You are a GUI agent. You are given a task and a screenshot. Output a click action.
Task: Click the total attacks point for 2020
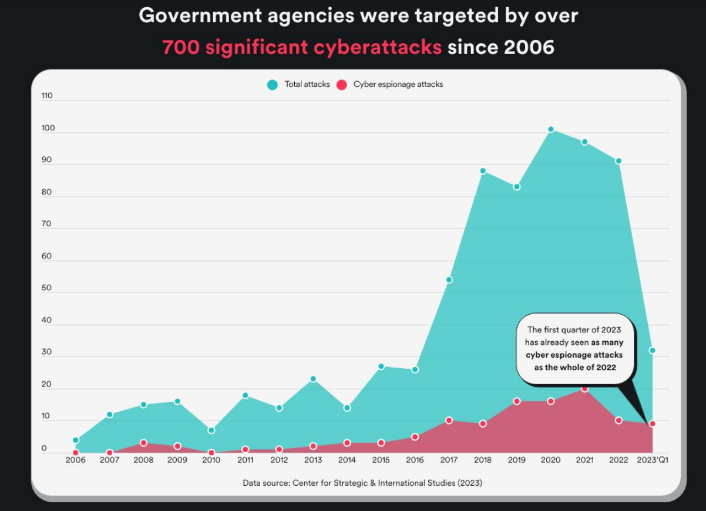550,129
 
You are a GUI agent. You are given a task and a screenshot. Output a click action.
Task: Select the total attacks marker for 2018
483,171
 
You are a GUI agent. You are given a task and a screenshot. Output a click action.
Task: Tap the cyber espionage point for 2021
584,388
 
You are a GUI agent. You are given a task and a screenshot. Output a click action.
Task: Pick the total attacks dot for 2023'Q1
652,351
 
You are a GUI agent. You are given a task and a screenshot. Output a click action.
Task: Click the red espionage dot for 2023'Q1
652,423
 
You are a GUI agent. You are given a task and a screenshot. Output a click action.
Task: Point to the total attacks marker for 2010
211,430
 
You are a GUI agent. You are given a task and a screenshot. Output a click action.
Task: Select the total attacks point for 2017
449,280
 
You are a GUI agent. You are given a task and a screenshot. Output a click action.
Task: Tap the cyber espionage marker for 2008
143,443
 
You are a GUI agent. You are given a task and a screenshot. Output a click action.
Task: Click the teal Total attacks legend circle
273,85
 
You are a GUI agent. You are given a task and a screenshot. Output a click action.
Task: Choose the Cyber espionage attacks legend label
398,85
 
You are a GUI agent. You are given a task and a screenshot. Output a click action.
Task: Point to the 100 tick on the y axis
48,128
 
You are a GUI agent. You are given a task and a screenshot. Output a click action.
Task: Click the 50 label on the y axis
47,288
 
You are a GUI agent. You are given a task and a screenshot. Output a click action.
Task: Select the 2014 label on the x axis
347,460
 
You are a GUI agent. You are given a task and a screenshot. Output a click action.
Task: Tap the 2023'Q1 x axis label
652,460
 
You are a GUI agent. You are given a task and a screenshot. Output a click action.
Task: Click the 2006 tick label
75,460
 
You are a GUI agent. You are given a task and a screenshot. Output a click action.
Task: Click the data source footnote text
362,483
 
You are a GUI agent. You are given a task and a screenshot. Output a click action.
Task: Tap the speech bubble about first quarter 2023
575,348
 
